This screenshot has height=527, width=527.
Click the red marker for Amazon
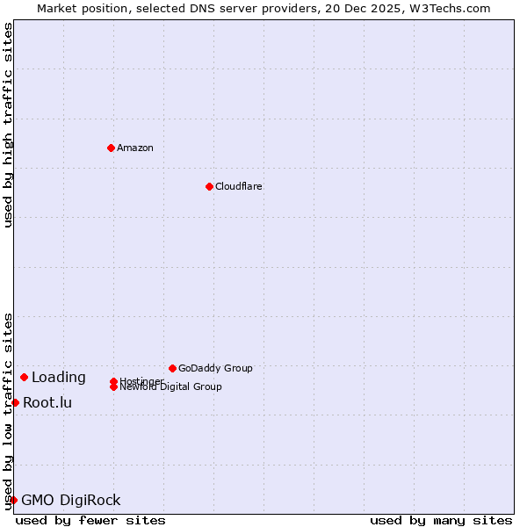(111, 148)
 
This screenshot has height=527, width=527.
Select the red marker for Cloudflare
(209, 186)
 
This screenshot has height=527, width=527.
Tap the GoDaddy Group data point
(172, 368)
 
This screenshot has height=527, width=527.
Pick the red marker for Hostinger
(113, 381)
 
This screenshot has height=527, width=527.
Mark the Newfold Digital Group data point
(113, 387)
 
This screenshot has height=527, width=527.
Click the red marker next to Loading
(24, 377)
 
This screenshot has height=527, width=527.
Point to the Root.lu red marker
(15, 402)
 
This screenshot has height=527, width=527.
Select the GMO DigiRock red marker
(13, 500)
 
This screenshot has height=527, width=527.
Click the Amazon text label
(135, 148)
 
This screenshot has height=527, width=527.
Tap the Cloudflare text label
(239, 186)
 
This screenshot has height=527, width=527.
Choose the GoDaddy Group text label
(215, 368)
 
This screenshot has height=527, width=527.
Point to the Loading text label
(59, 378)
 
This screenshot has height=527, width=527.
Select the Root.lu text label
(47, 403)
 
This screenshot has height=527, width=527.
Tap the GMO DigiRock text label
(71, 501)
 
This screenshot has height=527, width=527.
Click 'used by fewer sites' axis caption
(90, 520)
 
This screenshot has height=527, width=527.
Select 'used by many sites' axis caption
(441, 520)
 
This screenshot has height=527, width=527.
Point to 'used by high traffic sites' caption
(8, 125)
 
